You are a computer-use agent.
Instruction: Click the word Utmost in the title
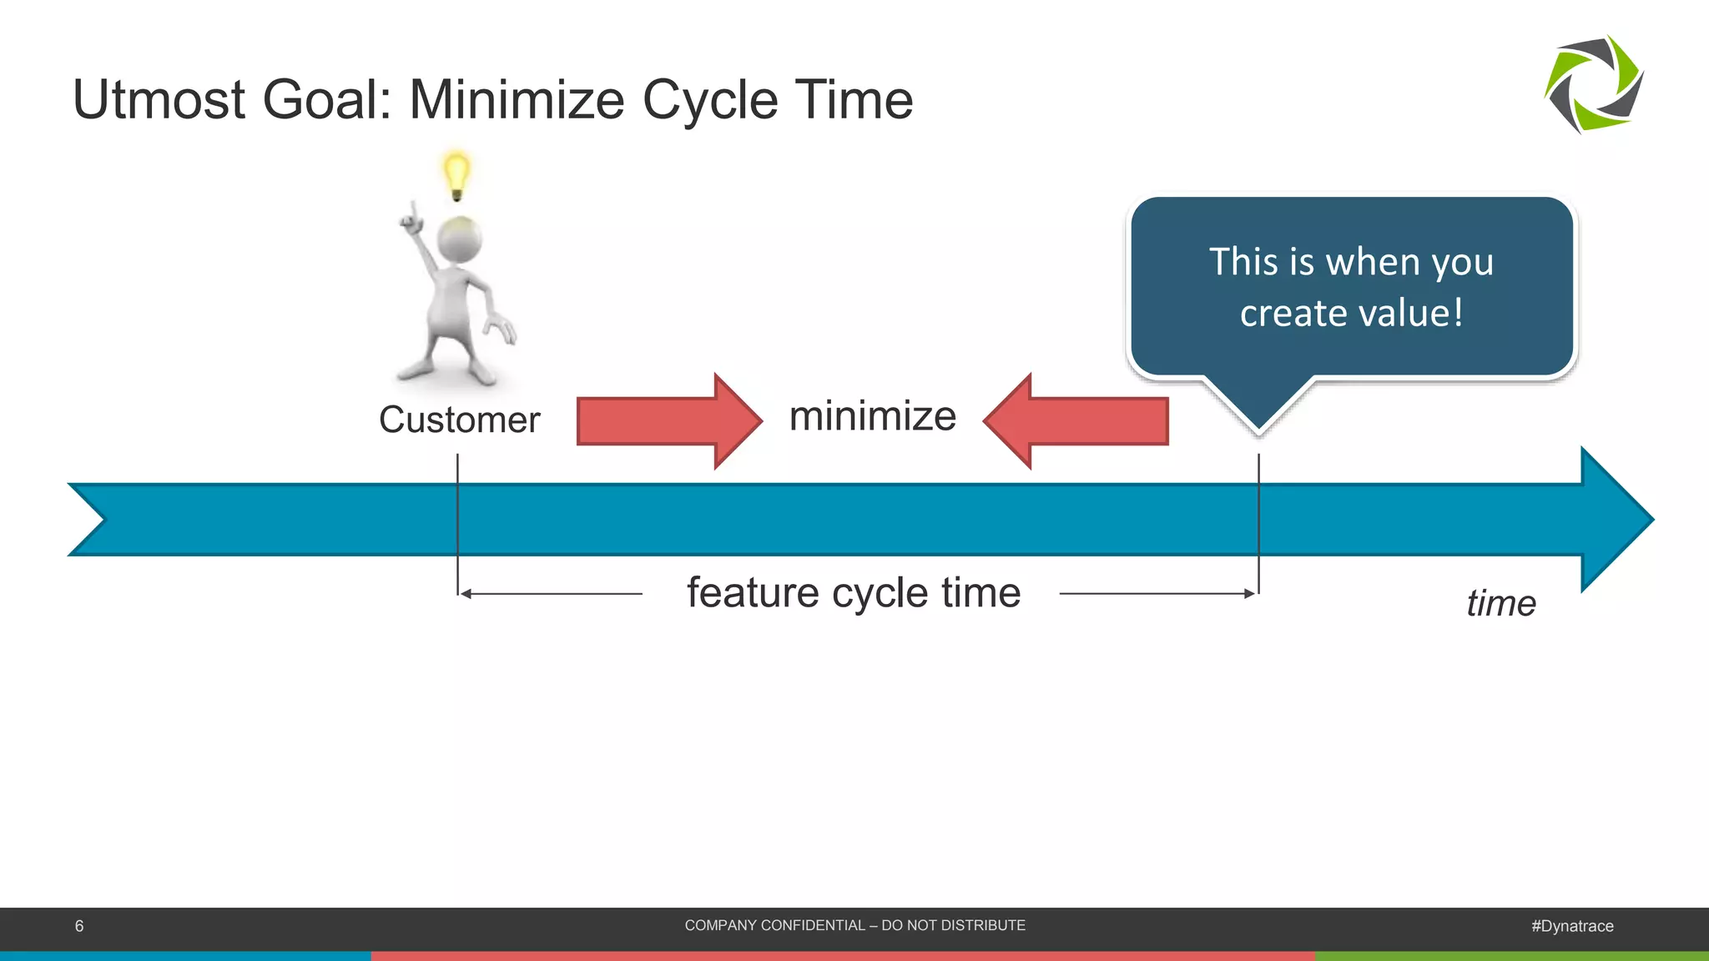[x=160, y=100]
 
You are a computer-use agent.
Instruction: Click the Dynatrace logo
[x=1594, y=84]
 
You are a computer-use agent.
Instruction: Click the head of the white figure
[x=459, y=240]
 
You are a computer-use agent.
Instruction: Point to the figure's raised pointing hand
[x=411, y=219]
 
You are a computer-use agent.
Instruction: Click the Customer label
[x=459, y=420]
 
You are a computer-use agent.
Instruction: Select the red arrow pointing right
[x=668, y=421]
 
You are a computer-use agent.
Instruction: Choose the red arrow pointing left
[x=1076, y=421]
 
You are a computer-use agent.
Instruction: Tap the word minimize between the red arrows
[x=872, y=416]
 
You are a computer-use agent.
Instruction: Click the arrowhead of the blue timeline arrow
[x=1615, y=519]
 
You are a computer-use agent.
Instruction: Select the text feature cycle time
[x=853, y=593]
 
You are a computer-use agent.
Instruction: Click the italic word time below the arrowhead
[x=1500, y=603]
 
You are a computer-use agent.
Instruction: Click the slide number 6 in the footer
[x=79, y=926]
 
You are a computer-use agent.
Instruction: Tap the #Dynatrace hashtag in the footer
[x=1572, y=926]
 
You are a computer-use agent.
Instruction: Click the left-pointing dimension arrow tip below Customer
[x=465, y=594]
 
